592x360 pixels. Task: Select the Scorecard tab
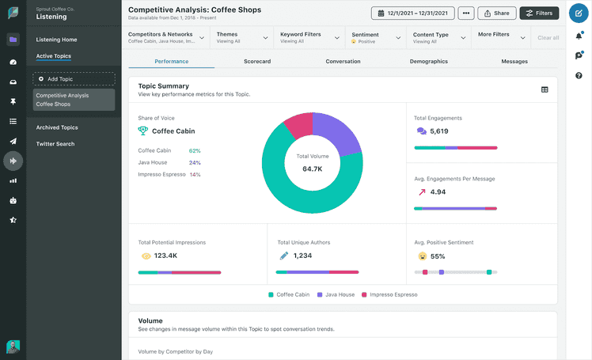point(257,61)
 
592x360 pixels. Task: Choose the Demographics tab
point(428,61)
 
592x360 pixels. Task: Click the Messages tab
point(514,61)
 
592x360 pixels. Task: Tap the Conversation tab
point(343,61)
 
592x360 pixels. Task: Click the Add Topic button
point(74,79)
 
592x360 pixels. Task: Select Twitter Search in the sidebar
point(55,144)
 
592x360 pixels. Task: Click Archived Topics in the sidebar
point(58,127)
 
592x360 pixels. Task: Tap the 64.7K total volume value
point(312,169)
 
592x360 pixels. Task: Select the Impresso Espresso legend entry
point(389,294)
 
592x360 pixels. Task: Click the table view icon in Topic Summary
point(545,89)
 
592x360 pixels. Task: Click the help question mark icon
point(579,75)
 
